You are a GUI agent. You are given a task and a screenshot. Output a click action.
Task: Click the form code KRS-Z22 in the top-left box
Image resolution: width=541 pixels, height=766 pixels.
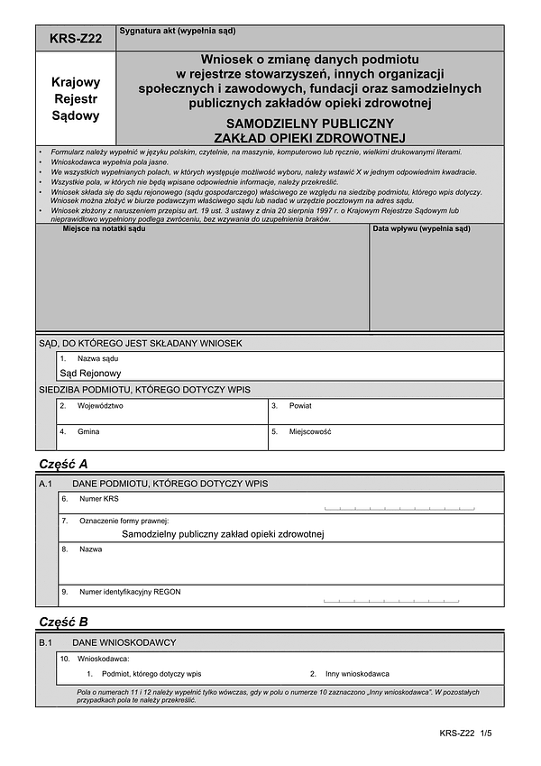(x=76, y=38)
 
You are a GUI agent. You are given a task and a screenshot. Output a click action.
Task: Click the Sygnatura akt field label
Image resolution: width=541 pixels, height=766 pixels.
(x=177, y=31)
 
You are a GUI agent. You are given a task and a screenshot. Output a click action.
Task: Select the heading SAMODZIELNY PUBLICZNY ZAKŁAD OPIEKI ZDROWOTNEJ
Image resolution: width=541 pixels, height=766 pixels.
(x=310, y=130)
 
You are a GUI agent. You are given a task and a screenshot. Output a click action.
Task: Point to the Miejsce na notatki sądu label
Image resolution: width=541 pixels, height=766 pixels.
(x=104, y=229)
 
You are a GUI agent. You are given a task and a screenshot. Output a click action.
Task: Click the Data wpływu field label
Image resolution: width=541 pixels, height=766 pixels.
(x=421, y=229)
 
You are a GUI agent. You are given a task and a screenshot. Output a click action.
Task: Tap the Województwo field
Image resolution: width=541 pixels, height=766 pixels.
(x=162, y=411)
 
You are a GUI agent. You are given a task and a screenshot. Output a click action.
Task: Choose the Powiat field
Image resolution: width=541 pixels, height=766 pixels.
(x=385, y=411)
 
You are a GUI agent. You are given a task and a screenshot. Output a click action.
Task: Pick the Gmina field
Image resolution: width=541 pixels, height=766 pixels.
(x=162, y=437)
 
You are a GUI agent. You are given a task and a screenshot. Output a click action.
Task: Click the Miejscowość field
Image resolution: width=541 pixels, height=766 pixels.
(x=385, y=437)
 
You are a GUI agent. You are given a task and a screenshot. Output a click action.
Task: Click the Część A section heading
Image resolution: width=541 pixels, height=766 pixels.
(x=63, y=464)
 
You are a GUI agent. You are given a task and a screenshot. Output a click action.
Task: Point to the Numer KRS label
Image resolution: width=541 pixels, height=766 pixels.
(x=98, y=498)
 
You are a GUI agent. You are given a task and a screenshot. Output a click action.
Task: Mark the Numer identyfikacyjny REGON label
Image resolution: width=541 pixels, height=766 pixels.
(x=130, y=592)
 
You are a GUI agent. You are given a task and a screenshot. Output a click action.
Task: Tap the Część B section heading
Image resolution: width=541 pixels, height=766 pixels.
(x=63, y=622)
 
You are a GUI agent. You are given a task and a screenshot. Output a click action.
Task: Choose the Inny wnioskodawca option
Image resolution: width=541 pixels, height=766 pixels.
(x=356, y=674)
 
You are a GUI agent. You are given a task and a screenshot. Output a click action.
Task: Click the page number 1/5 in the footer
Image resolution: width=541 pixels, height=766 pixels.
(x=487, y=735)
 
